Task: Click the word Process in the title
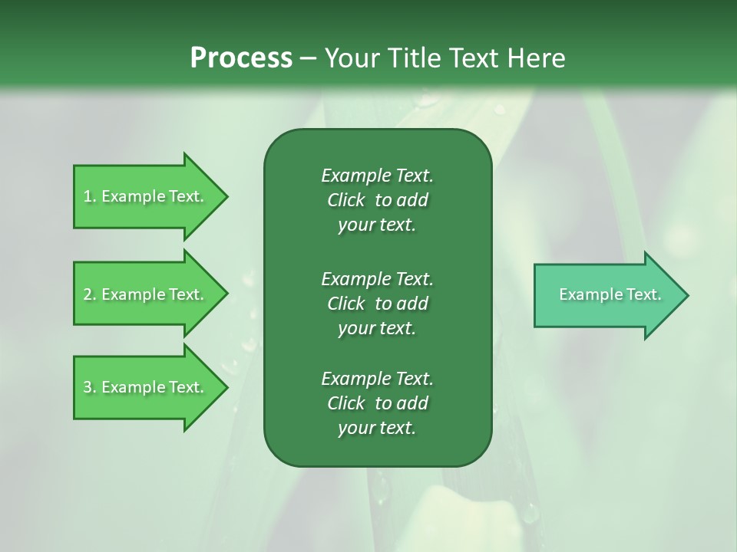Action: point(241,58)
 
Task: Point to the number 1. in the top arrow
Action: point(90,196)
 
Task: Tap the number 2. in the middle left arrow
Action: point(90,294)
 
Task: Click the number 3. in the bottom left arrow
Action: point(90,387)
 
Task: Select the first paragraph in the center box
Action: point(377,200)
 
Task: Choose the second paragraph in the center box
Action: point(377,303)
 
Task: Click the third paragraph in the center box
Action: point(377,403)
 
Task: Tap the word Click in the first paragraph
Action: point(345,200)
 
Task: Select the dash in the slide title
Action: point(308,58)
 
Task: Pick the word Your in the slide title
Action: point(350,58)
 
